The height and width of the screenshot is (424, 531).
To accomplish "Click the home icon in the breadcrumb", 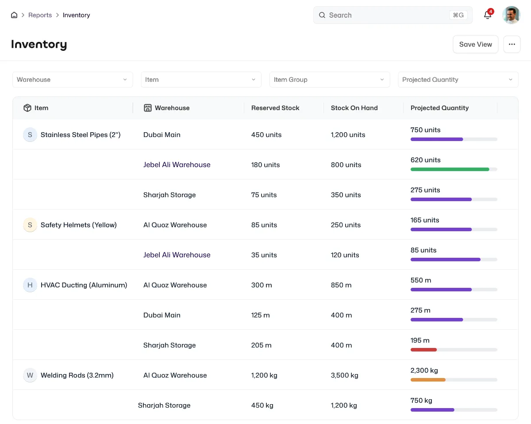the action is pos(14,15).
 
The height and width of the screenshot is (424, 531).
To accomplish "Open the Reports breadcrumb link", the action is pos(40,15).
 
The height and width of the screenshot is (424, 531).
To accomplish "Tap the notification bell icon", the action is pos(487,15).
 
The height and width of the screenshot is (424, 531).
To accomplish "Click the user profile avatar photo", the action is pos(511,15).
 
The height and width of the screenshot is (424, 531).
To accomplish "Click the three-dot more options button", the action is pos(512,44).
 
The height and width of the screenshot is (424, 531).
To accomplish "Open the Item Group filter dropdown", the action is pos(329,80).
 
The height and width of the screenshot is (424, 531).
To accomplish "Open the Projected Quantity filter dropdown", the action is pos(458,80).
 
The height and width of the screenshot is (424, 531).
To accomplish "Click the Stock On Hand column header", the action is pos(354,108).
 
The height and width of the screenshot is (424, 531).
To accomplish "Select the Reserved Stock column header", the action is pos(275,108).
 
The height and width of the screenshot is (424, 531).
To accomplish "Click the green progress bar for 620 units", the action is pos(450,169).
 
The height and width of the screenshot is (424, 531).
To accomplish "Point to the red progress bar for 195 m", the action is pos(423,350).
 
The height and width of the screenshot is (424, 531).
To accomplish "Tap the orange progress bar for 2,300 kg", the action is pos(428,380).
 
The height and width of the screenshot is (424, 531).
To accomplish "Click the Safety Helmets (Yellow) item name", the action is pos(78,225).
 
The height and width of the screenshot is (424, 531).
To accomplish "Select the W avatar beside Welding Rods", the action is pos(30,375).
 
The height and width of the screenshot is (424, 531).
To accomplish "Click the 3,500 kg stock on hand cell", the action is pos(344,375).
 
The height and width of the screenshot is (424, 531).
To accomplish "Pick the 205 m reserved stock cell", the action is pos(262,345).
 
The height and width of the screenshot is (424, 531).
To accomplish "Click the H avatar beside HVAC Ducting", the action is pos(30,285).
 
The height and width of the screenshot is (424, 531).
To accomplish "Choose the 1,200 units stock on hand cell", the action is pos(348,134).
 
